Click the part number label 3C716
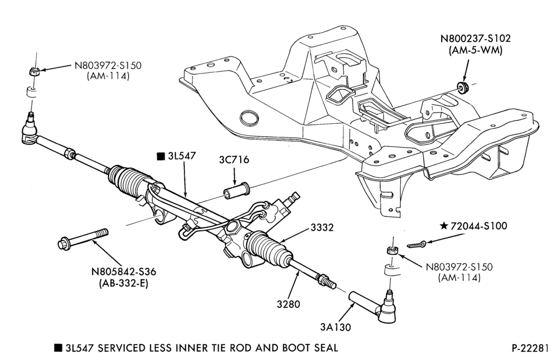click(233, 160)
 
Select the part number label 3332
click(322, 227)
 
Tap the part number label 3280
click(288, 304)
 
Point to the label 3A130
click(336, 327)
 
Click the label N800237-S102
click(475, 39)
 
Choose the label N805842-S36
click(124, 272)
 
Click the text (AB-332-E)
click(124, 283)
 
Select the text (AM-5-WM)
click(475, 50)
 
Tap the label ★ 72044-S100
click(474, 226)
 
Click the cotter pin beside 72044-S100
click(416, 244)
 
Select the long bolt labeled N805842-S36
click(83, 239)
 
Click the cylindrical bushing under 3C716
click(237, 190)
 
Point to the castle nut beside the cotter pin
click(390, 251)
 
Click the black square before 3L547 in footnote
click(58, 348)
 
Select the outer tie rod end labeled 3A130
click(373, 306)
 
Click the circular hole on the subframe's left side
click(249, 118)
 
